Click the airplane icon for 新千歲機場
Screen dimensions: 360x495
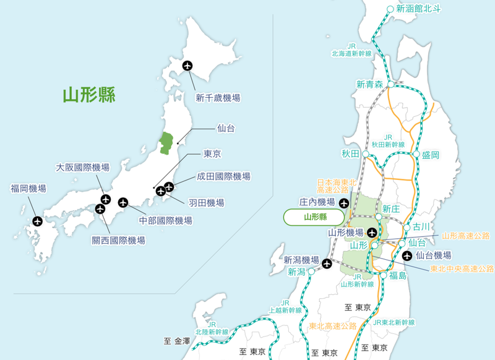tap(187, 66)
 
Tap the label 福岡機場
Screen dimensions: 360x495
tap(28, 188)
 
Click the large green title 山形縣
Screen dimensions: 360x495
tap(89, 95)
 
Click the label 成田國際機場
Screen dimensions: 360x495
tap(223, 176)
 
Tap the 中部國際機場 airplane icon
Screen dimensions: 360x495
tap(123, 202)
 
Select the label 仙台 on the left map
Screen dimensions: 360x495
tap(226, 129)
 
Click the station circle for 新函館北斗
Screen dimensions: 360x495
tap(390, 9)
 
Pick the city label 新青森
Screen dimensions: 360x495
tap(369, 84)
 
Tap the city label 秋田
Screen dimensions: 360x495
tap(350, 153)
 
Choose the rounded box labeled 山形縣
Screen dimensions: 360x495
tap(314, 217)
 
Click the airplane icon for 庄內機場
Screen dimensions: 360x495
tap(344, 202)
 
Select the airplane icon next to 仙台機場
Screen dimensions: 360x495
tap(407, 255)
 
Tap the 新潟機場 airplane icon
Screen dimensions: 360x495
tap(327, 264)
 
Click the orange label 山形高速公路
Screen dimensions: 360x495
tap(466, 236)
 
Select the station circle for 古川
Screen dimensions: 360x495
tap(407, 227)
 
